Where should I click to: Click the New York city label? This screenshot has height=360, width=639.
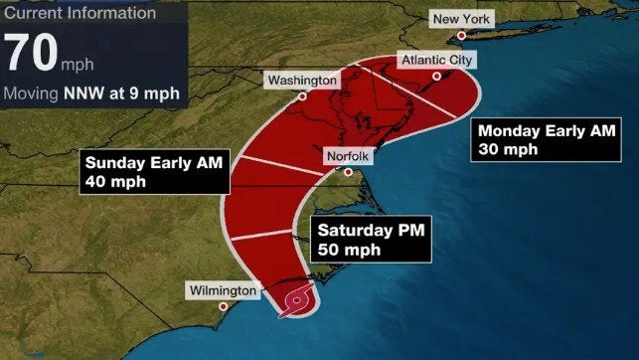click(459, 20)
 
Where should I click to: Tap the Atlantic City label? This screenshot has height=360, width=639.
click(436, 61)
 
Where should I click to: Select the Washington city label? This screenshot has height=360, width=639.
click(302, 80)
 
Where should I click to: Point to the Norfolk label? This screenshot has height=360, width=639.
click(349, 156)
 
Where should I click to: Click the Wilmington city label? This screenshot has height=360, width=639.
click(224, 290)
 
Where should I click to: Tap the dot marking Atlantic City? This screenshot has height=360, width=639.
click(436, 76)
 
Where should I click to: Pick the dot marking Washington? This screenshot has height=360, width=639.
click(302, 96)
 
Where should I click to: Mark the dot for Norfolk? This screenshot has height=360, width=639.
click(349, 172)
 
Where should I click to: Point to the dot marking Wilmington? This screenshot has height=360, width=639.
click(224, 306)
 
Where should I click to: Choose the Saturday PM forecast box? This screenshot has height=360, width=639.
click(370, 240)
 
